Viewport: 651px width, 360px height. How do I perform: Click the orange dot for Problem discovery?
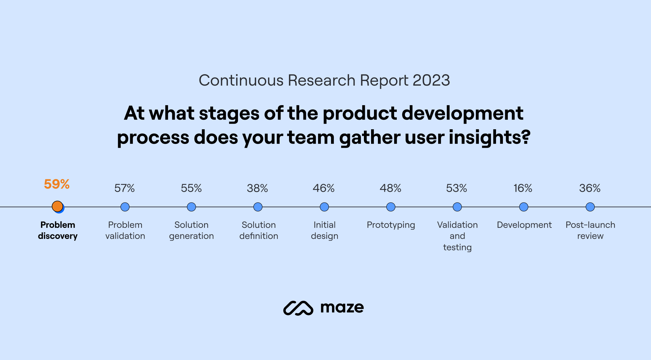click(57, 206)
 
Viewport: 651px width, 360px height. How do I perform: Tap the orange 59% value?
click(57, 184)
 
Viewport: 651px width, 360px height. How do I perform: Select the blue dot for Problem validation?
click(125, 207)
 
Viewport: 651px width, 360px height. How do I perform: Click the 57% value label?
click(124, 188)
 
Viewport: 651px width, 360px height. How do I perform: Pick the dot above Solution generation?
click(191, 207)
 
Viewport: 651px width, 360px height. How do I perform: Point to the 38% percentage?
click(257, 188)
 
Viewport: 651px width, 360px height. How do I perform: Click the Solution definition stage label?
click(259, 230)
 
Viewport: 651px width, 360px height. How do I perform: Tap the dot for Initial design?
click(324, 207)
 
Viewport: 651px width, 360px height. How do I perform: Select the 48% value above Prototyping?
click(390, 188)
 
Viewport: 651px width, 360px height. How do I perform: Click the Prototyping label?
click(391, 225)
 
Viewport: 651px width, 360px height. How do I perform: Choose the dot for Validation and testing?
click(457, 207)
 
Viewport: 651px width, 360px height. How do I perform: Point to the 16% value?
click(523, 188)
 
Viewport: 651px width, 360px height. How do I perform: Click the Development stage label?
click(524, 225)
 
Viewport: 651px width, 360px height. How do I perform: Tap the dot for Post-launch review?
click(590, 207)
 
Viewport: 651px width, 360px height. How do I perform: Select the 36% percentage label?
click(589, 188)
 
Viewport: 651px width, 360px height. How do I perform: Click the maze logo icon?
click(298, 308)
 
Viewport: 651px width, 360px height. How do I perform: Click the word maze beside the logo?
click(342, 308)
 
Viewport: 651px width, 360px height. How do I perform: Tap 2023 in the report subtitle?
click(431, 80)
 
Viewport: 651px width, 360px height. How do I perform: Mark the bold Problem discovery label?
click(58, 230)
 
